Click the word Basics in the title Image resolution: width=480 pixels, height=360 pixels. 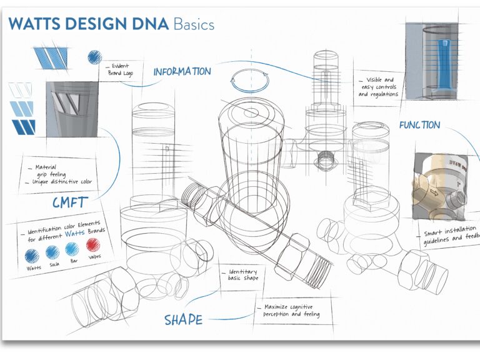coord(194,24)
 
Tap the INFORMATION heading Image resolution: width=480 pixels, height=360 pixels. coord(182,71)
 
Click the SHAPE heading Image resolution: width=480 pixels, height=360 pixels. coord(183,319)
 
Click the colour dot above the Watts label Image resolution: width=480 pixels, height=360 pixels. coord(31,256)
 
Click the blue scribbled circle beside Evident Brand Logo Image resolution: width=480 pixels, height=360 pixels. coord(94,57)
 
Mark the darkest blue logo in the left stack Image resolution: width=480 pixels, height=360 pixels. coord(23,127)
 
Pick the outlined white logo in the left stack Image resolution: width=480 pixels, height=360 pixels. coord(21,91)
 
